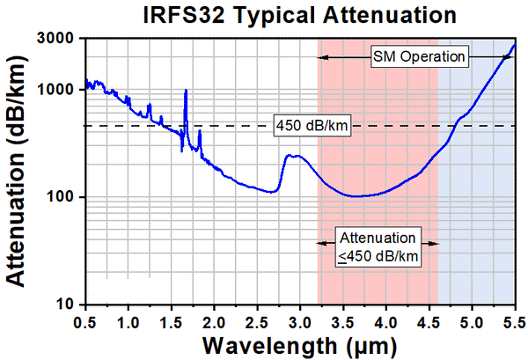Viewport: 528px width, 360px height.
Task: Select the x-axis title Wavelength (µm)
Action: pos(298,342)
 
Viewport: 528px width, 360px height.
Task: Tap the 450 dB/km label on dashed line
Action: pos(312,126)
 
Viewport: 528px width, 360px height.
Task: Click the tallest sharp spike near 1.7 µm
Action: pos(186,91)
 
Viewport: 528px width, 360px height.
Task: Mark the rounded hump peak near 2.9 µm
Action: pos(294,156)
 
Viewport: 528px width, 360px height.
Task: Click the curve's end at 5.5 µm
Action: pos(515,44)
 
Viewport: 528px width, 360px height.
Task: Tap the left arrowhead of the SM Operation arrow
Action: pos(321,57)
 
